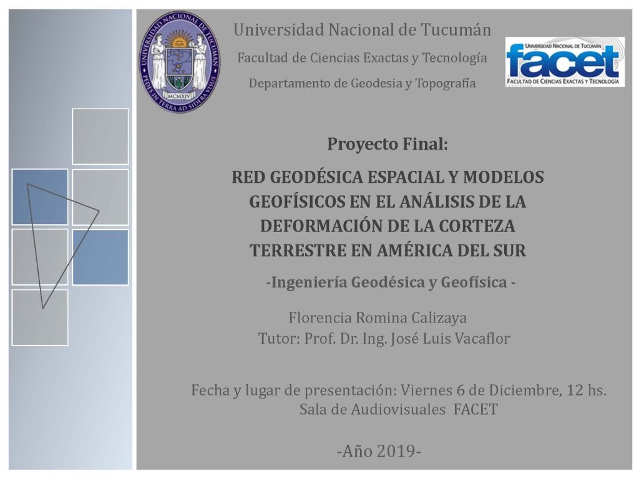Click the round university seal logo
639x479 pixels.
tap(180, 62)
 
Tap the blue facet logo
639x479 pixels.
tap(565, 62)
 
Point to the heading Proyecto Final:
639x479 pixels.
tap(388, 144)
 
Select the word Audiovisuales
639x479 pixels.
tap(398, 409)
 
